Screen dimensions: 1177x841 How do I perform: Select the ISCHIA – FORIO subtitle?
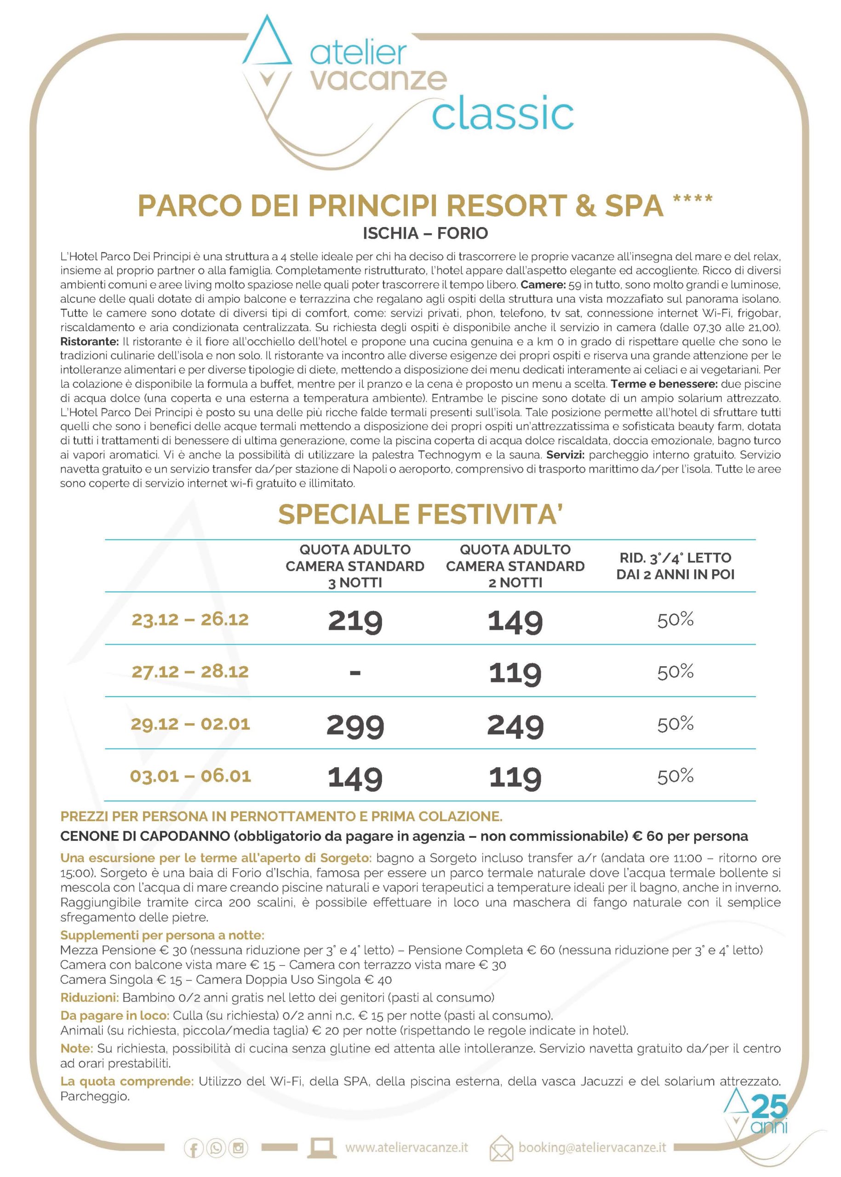[425, 234]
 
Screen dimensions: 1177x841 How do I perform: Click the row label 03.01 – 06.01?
[190, 776]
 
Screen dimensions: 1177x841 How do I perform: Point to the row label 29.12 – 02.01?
[190, 724]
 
